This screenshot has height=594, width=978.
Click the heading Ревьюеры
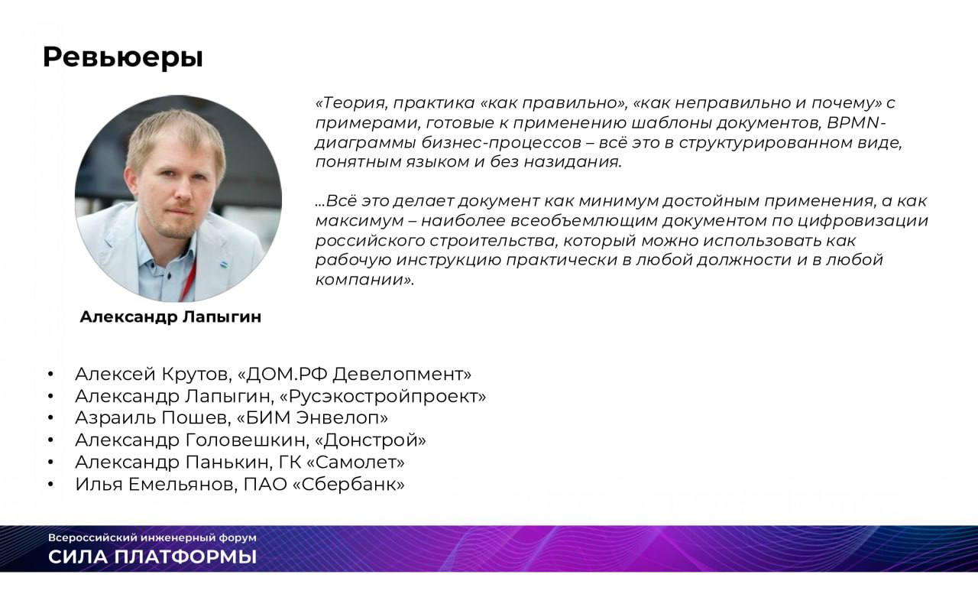[x=123, y=57]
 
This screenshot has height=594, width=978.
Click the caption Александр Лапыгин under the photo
[x=170, y=316]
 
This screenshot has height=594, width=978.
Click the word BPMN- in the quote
[x=857, y=123]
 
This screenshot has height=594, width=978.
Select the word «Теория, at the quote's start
[x=351, y=103]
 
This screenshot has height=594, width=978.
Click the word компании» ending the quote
[x=364, y=280]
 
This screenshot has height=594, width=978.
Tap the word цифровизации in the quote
[x=863, y=221]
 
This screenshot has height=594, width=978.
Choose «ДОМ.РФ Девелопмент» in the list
[x=355, y=375]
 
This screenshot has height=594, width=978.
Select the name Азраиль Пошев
[x=151, y=418]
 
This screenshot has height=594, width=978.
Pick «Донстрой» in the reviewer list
[x=371, y=440]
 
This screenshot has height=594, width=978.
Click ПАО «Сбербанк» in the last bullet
[x=324, y=485]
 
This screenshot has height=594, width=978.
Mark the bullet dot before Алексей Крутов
[x=50, y=375]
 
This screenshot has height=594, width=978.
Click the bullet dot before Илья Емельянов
[x=50, y=485]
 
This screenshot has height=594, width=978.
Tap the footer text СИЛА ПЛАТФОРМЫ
[x=152, y=557]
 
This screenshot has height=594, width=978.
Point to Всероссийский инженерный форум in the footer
[x=152, y=538]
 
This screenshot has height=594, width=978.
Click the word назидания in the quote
[x=572, y=163]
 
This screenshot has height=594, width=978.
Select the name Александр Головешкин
[x=190, y=440]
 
